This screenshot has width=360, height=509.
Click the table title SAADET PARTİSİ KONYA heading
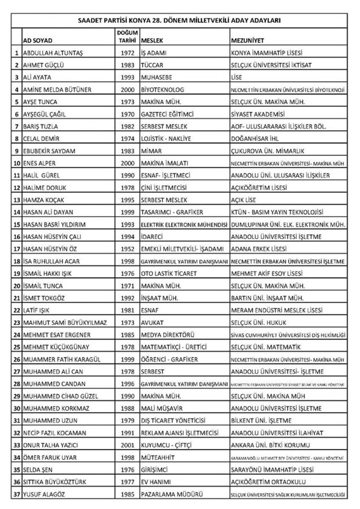click(x=179, y=21)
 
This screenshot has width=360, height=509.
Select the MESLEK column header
click(x=151, y=41)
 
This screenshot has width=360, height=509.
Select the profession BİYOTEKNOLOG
click(x=163, y=89)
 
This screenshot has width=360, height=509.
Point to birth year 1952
click(x=127, y=249)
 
